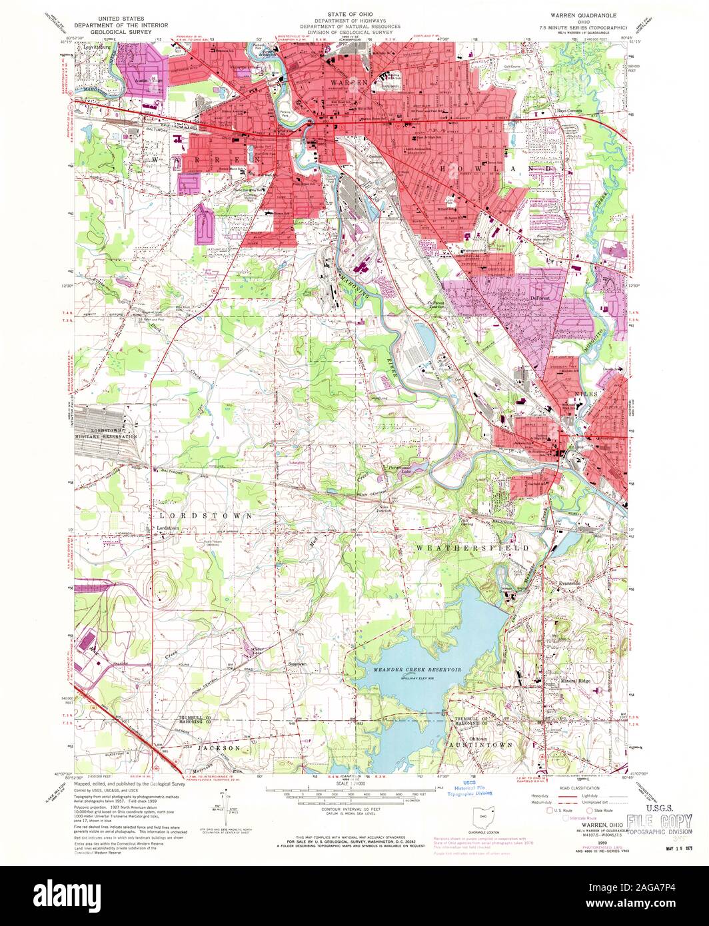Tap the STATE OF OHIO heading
[354, 13]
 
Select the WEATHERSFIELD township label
[472, 548]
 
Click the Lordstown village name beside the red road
[167, 528]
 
